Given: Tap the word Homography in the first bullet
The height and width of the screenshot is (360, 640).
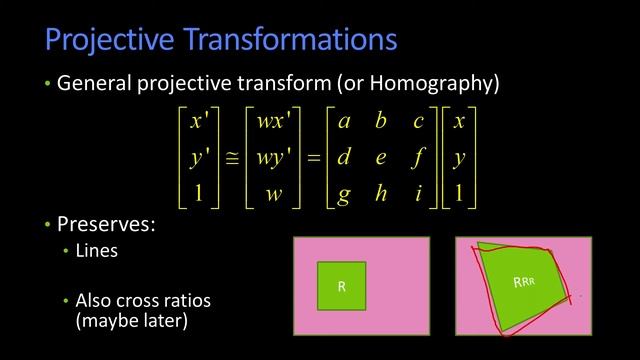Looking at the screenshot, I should (x=445, y=84).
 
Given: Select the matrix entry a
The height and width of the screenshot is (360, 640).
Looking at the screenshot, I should (x=345, y=122).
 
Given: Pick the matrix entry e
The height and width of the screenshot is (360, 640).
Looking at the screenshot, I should (x=381, y=158).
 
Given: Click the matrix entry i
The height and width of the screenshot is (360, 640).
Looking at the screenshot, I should (x=418, y=193).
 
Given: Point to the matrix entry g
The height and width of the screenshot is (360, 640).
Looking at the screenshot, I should (x=345, y=194).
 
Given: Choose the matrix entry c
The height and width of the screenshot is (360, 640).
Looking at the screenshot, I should (x=418, y=122).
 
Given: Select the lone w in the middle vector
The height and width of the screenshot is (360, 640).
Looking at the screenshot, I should (x=273, y=193).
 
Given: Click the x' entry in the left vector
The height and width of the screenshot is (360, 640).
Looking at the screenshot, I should (x=198, y=122).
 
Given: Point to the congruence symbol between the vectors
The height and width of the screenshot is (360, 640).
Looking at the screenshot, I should (x=231, y=158).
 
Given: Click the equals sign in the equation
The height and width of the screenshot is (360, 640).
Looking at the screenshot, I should (x=312, y=158).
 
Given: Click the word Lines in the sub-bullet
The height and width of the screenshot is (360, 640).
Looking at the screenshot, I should (x=97, y=251).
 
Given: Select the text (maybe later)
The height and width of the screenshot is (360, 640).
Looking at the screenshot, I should (x=131, y=322).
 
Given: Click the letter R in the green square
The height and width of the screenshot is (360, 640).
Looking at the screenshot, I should (x=341, y=287).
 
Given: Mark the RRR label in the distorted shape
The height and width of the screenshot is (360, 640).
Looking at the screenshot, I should (x=524, y=282).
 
